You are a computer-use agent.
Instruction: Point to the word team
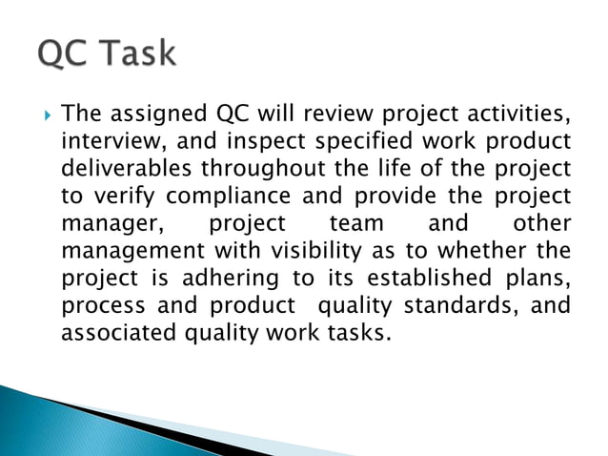click(352, 224)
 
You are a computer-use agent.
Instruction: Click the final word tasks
click(358, 334)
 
